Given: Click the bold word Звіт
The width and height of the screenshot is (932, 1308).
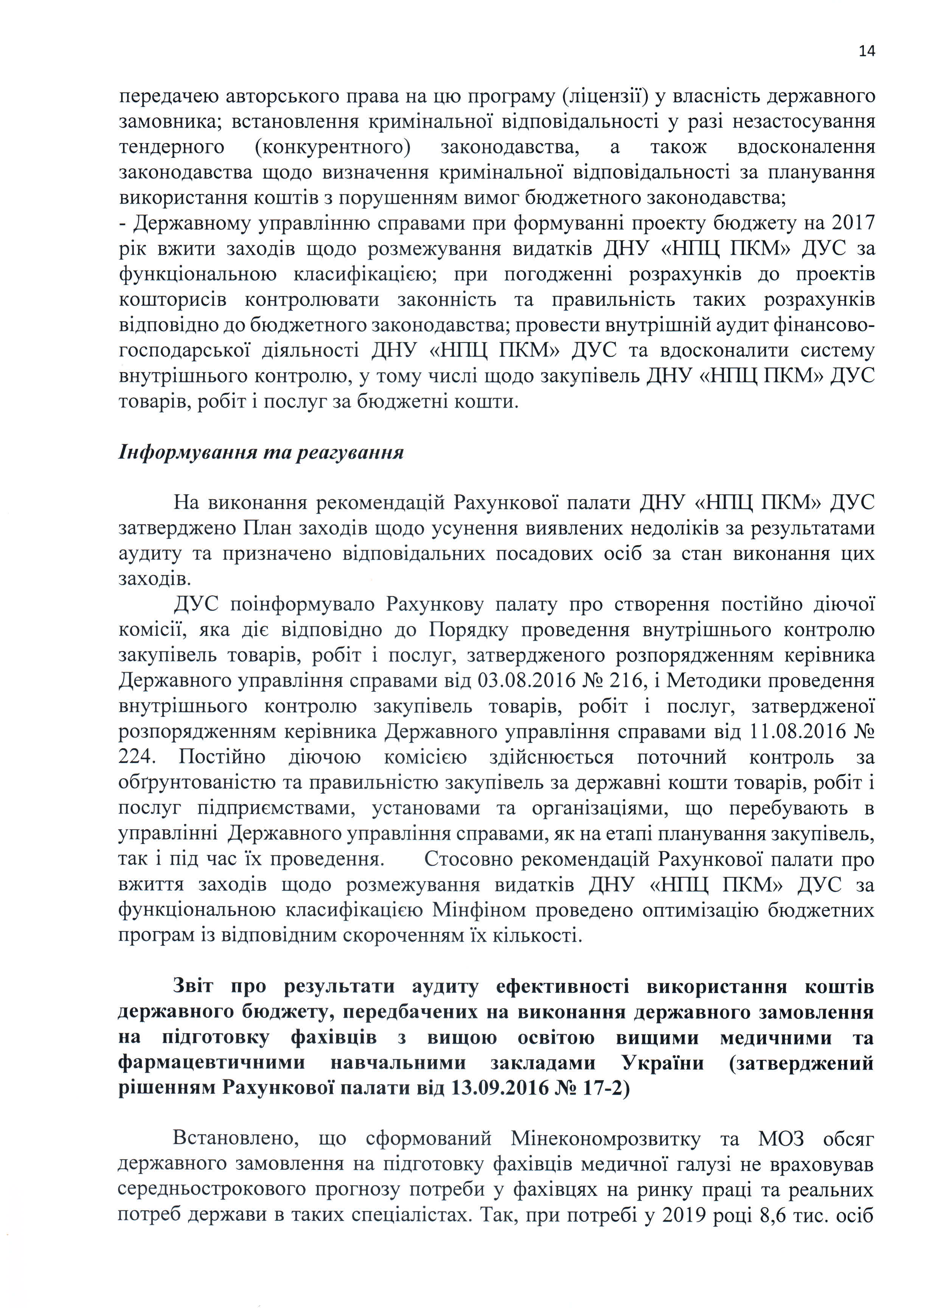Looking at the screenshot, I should click(x=193, y=986).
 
